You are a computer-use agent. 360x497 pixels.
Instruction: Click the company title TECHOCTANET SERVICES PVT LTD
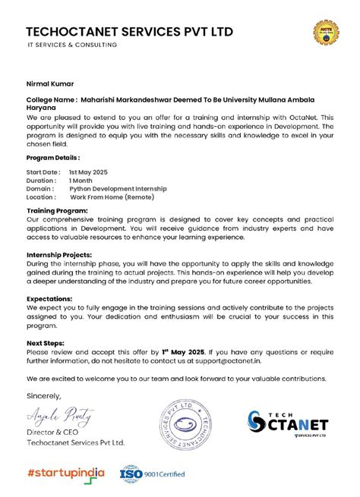(130, 32)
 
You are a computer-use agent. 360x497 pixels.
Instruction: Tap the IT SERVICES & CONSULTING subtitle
(72, 46)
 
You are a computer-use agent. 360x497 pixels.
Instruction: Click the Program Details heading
(52, 158)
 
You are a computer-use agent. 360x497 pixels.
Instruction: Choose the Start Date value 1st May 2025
(95, 172)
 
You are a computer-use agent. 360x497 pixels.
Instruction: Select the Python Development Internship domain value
(118, 189)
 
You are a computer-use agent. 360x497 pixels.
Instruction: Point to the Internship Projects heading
(59, 255)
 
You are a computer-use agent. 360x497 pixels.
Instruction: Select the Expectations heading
(51, 299)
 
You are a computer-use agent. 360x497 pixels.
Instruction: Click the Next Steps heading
(47, 344)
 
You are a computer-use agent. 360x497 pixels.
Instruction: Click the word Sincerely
(43, 395)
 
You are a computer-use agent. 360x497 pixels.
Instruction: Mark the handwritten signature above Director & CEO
(60, 415)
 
